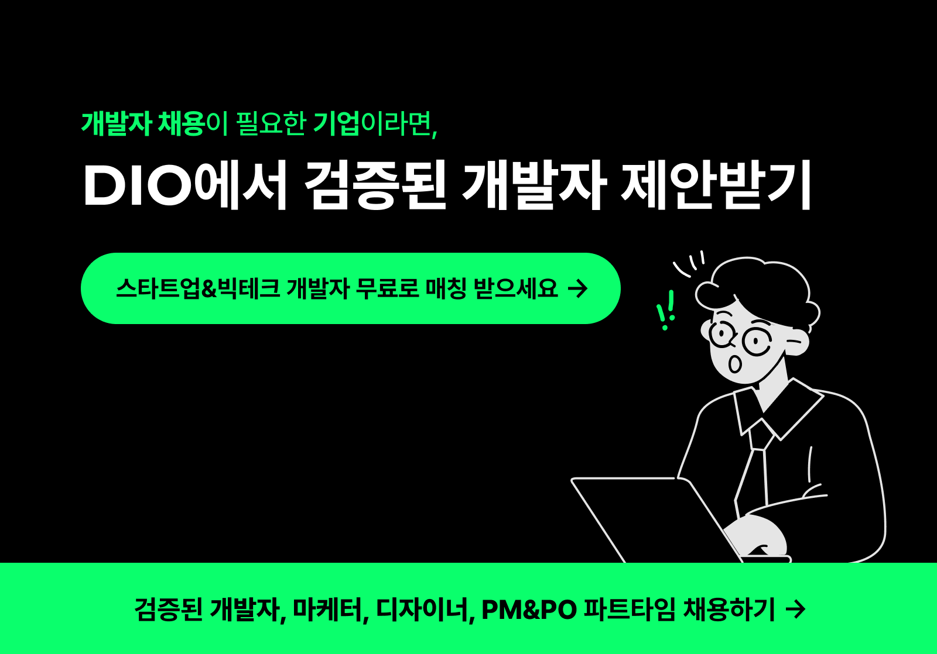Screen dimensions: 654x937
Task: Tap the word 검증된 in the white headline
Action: (375, 185)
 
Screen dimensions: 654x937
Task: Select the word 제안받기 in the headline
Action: (716, 185)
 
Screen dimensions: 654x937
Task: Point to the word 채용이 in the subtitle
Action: (193, 123)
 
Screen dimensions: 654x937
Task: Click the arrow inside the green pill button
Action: (578, 288)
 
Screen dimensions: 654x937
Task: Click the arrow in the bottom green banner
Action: (795, 610)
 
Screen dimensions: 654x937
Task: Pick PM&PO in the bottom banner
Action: (529, 610)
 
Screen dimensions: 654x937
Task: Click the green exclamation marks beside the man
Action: (666, 310)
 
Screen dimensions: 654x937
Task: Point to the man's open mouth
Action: (734, 364)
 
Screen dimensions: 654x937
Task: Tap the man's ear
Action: (796, 344)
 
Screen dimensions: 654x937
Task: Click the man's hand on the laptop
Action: (758, 535)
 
